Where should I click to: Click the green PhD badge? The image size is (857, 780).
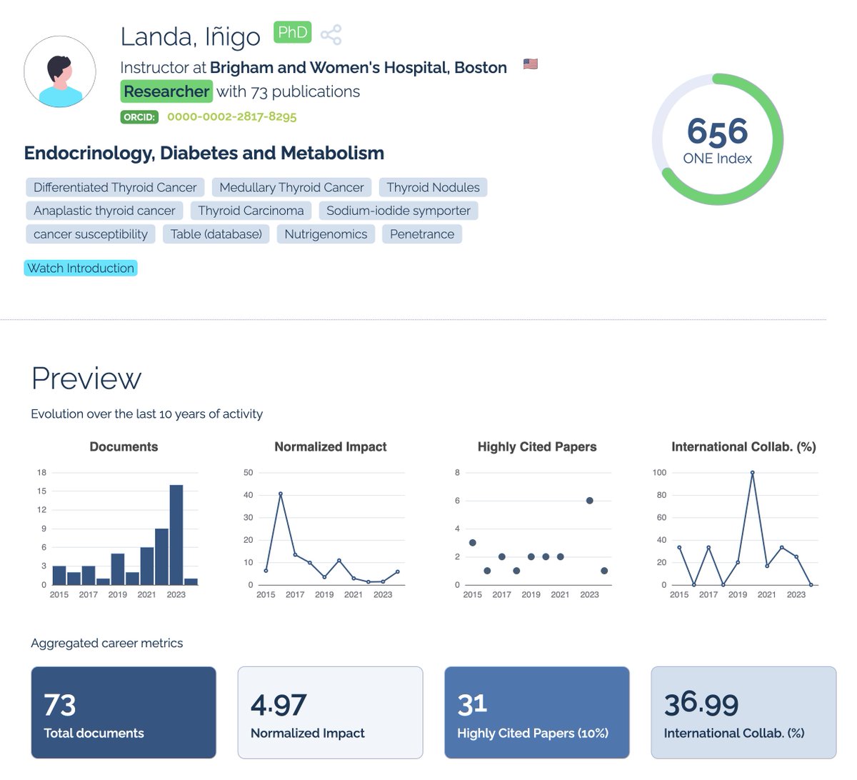tap(292, 33)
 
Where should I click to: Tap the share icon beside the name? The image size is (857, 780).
tap(331, 34)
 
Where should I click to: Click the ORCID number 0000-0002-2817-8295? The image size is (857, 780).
tap(231, 116)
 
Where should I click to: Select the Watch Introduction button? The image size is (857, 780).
tap(81, 268)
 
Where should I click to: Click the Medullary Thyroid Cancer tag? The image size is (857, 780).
tap(291, 187)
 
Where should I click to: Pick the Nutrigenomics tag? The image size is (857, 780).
tap(326, 234)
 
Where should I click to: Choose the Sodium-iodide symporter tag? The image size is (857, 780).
tap(398, 211)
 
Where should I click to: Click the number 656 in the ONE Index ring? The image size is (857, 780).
tap(717, 131)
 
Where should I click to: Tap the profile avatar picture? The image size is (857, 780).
tap(60, 72)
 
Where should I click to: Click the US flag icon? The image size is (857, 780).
tap(530, 64)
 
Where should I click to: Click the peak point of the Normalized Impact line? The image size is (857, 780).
tap(281, 494)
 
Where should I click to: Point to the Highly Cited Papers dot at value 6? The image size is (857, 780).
tap(589, 501)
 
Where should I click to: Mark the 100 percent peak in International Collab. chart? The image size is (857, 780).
tap(752, 473)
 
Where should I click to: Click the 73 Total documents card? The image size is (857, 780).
tap(124, 712)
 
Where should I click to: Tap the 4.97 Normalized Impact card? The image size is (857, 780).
tap(330, 712)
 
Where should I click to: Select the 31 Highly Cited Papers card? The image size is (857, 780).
tap(536, 712)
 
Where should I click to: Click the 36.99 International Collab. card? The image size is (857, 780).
tap(743, 712)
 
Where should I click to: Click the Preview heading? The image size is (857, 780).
tap(86, 379)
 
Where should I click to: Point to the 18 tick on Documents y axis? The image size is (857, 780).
tap(41, 473)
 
